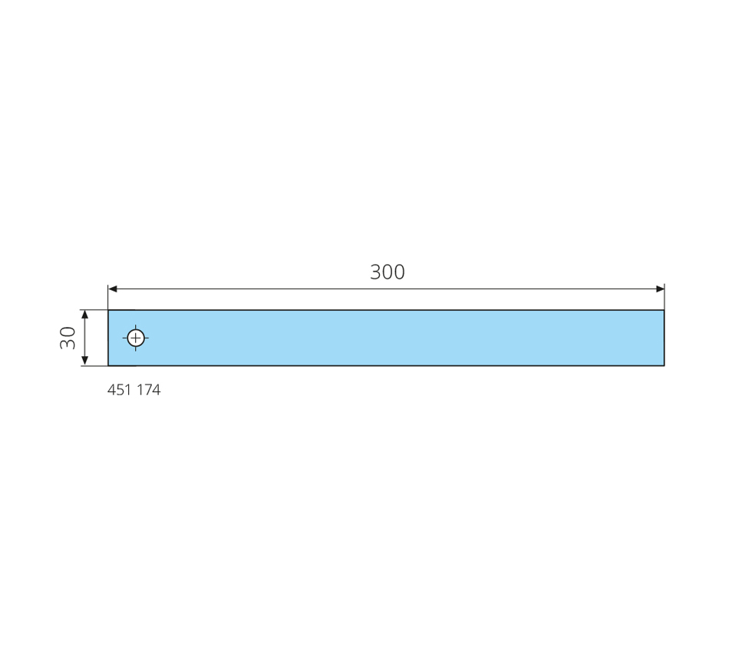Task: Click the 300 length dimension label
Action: click(388, 272)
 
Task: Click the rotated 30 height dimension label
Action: click(68, 338)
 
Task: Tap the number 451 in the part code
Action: click(120, 390)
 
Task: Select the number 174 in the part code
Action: click(149, 390)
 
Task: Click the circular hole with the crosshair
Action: click(136, 338)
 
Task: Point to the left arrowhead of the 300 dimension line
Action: click(113, 289)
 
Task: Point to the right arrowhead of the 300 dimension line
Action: click(660, 289)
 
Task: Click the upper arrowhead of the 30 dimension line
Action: click(84, 315)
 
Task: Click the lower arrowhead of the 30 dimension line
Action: click(84, 361)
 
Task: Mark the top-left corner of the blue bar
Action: click(108, 310)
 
